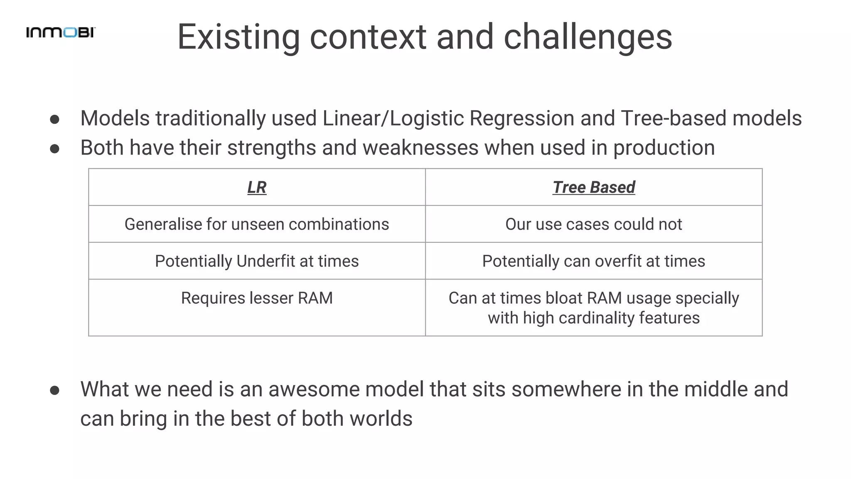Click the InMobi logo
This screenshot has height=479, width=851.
pyautogui.click(x=61, y=32)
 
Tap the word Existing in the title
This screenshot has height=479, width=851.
pyautogui.click(x=239, y=37)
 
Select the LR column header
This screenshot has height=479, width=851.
pyautogui.click(x=257, y=187)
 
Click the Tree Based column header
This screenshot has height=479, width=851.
pyautogui.click(x=593, y=187)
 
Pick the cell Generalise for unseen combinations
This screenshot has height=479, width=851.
pyautogui.click(x=257, y=224)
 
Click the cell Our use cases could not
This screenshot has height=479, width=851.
pyautogui.click(x=593, y=224)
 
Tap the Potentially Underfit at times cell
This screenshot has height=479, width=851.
pyautogui.click(x=257, y=261)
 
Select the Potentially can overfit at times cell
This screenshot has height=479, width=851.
pyautogui.click(x=593, y=261)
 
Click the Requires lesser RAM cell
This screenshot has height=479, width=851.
pyautogui.click(x=257, y=298)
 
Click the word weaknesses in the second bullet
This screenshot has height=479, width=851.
pyautogui.click(x=421, y=148)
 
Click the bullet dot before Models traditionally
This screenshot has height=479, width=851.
pyautogui.click(x=54, y=120)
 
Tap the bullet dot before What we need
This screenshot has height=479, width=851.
pyautogui.click(x=54, y=390)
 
